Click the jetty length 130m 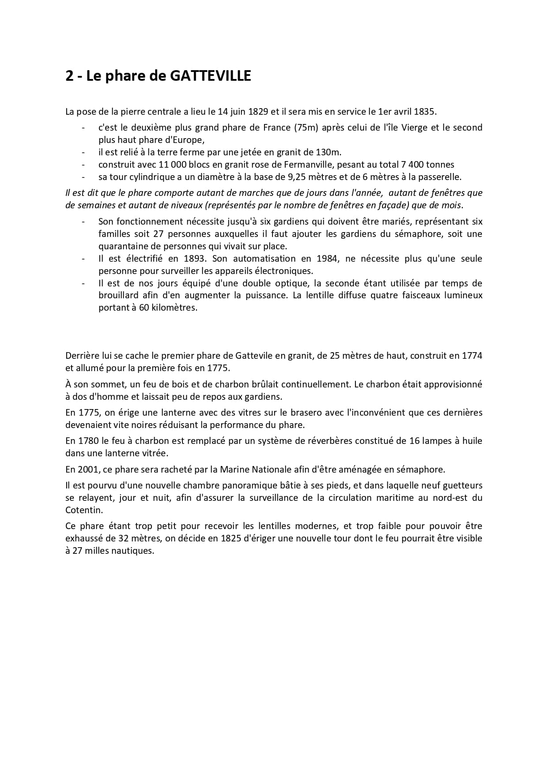329,152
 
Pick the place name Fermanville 350,165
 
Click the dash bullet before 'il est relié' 83,152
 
